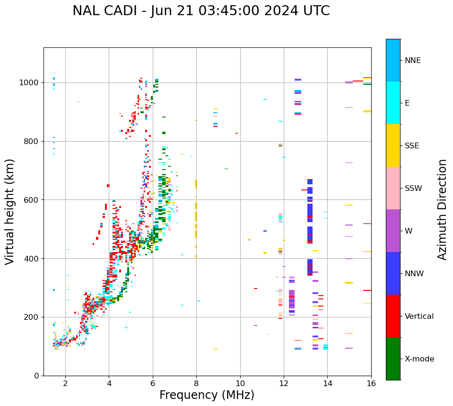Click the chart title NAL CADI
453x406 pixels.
tap(201, 11)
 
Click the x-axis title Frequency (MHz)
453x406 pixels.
tap(207, 395)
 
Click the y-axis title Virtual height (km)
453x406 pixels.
tap(10, 211)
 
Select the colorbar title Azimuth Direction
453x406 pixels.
tap(442, 209)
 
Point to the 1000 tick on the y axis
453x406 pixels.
tap(31, 82)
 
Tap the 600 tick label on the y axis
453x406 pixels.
tap(33, 200)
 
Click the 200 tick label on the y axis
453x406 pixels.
tap(33, 317)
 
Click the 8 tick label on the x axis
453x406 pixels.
tap(196, 383)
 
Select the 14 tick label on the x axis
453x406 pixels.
tap(327, 383)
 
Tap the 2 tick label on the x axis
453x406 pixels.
tap(65, 383)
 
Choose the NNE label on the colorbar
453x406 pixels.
tap(412, 61)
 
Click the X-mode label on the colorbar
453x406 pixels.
tap(419, 359)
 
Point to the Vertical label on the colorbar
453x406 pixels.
tap(419, 316)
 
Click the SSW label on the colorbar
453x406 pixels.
tap(413, 189)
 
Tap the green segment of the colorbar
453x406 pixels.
tap(393, 359)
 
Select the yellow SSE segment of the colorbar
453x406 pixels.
tap(393, 145)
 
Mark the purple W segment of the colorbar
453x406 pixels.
tap(393, 231)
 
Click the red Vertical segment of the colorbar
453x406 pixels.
tap(393, 316)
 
